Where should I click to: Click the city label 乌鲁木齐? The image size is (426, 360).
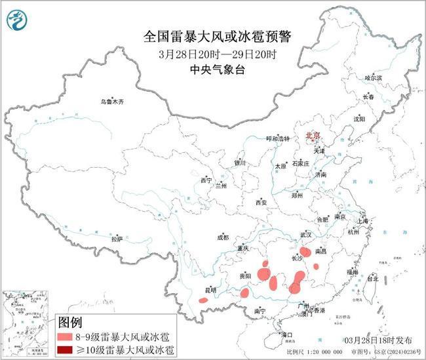point(111,102)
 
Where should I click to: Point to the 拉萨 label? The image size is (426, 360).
point(117,239)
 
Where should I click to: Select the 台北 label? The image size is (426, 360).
point(372,279)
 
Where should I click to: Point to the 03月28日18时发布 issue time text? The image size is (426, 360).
point(378,341)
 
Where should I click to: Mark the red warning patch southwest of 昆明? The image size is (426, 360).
point(203,300)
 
